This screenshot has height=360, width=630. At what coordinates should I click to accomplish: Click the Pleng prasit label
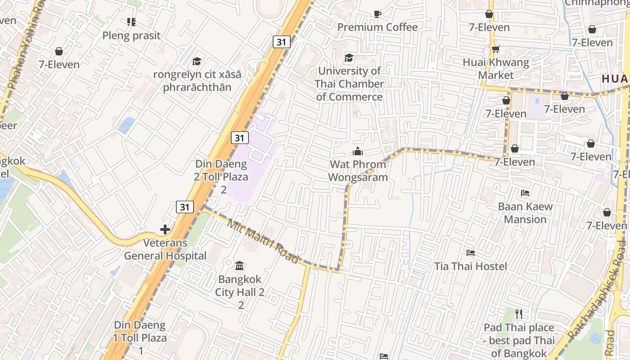[x=131, y=36]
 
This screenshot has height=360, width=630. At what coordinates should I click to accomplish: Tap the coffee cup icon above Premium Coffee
[x=378, y=14]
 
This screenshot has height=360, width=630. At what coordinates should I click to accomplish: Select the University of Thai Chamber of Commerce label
[x=349, y=84]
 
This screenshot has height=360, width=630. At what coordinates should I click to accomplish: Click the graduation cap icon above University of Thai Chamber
[x=349, y=58]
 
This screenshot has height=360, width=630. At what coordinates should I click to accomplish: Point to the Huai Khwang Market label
[x=496, y=68]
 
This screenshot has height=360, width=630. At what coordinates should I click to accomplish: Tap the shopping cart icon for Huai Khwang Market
[x=495, y=49]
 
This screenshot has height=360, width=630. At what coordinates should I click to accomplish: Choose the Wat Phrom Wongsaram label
[x=358, y=171]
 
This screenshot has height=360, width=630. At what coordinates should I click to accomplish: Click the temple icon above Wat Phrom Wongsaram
[x=358, y=151]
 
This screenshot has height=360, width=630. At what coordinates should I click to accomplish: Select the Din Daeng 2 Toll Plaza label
[x=221, y=176]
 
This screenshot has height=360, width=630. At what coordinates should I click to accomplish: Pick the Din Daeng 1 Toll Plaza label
[x=140, y=337]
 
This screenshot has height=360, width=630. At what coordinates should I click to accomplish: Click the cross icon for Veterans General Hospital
[x=165, y=229]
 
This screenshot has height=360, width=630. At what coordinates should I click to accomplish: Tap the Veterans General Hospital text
[x=165, y=249]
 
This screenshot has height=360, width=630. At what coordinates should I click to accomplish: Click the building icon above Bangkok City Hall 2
[x=239, y=266]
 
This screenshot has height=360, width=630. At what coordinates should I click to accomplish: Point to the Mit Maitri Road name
[x=263, y=242]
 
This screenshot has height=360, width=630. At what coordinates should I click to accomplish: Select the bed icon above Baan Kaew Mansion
[x=525, y=193]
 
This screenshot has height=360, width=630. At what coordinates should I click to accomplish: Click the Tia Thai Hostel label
[x=471, y=266]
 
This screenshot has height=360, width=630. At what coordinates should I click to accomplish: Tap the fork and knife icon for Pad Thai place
[x=519, y=314]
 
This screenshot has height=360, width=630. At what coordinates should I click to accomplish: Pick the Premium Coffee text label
[x=378, y=27]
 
